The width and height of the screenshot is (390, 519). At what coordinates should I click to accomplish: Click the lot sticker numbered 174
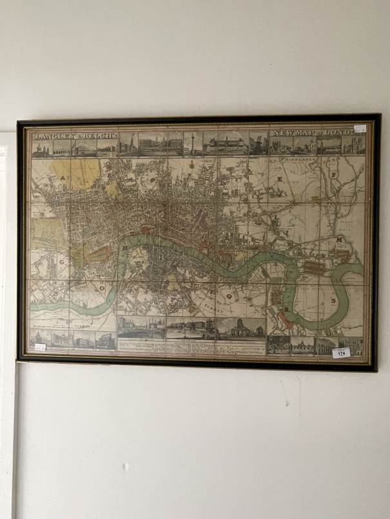(341, 352)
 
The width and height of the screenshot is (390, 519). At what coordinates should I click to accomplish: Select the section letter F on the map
(333, 174)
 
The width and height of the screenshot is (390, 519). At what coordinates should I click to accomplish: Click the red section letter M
(338, 240)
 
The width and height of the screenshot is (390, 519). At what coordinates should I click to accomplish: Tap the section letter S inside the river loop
(333, 300)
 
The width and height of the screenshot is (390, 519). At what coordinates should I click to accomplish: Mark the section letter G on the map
(62, 263)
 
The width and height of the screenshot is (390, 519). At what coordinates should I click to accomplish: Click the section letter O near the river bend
(101, 289)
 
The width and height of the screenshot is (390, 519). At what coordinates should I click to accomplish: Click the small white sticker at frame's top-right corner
(360, 128)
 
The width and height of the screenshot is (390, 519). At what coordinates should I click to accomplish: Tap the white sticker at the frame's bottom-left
(40, 347)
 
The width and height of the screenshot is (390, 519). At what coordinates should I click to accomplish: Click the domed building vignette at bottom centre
(241, 328)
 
